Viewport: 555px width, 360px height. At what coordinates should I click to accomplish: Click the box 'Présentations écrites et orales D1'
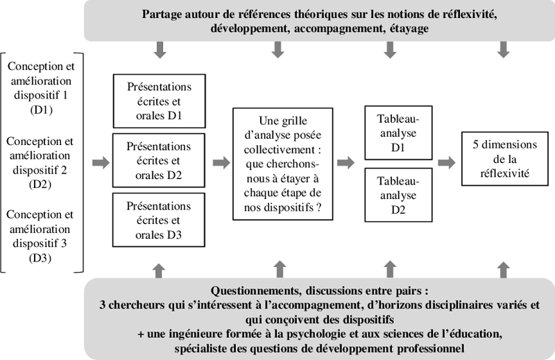coord(160,101)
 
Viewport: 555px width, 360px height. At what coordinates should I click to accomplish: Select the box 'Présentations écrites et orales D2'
coord(159,160)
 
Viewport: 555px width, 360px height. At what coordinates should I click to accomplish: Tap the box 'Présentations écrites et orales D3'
coord(159,220)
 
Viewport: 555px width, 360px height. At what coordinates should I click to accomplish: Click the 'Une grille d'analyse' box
coord(283,164)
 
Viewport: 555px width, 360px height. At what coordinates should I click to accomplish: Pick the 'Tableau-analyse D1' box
coord(398,132)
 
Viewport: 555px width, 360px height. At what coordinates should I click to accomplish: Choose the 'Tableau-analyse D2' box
coord(398,195)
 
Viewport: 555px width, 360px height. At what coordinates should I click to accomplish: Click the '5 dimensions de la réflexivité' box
coord(505,159)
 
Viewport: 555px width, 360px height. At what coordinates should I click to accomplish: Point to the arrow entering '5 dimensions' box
coord(447,163)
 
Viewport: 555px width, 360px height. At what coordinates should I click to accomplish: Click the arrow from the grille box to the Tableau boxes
coord(345,163)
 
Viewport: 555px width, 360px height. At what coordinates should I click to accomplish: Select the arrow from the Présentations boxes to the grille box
coord(221,163)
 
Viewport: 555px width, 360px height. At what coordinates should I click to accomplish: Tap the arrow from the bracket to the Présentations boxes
coord(101,163)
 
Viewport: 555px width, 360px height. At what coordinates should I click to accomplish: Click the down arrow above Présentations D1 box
coord(160,50)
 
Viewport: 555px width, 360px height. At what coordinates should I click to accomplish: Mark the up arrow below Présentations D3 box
coord(159,271)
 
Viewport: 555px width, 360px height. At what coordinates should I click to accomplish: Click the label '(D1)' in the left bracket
coord(42,110)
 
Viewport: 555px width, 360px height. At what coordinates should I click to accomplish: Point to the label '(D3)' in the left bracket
coord(40,258)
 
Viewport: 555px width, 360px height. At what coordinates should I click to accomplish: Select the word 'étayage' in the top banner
coord(409,28)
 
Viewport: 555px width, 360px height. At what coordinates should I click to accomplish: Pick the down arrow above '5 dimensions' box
coord(504,50)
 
